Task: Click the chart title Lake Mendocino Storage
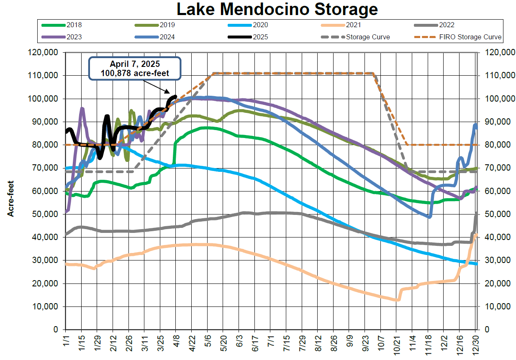coord(277,8)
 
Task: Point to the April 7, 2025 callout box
coord(134,68)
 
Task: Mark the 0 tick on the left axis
coord(55,329)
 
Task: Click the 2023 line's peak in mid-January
coord(82,109)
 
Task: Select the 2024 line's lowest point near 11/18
coord(429,217)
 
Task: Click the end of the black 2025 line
coord(176,97)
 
